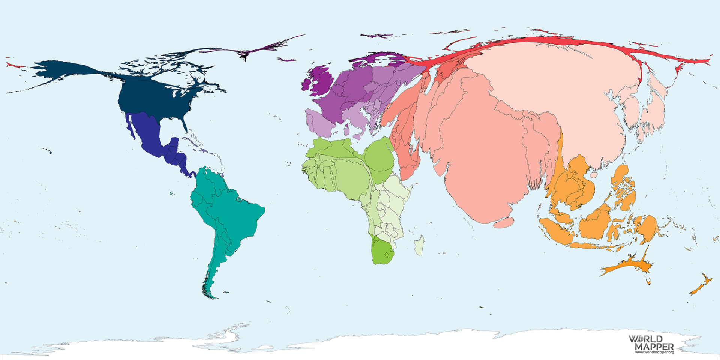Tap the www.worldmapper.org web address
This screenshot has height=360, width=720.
click(654, 352)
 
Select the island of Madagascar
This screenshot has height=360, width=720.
click(419, 246)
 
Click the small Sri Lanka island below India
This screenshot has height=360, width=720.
click(503, 223)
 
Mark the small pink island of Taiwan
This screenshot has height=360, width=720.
click(593, 175)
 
